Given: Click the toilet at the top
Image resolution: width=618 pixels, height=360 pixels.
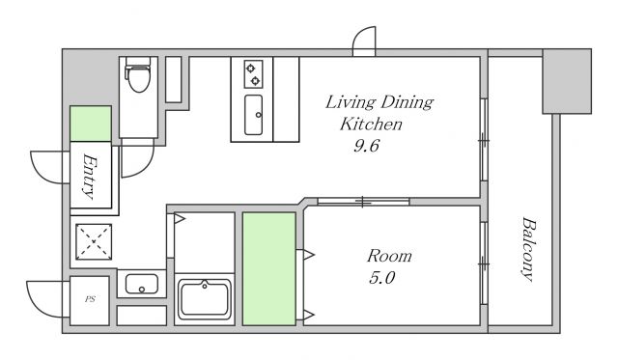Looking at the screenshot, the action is tap(138, 74).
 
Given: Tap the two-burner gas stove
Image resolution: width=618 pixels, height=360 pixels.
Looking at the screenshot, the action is tap(253, 74).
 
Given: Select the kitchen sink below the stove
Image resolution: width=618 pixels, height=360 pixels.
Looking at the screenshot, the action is tap(253, 115).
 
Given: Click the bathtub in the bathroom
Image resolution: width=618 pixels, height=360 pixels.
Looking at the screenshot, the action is tap(204, 299).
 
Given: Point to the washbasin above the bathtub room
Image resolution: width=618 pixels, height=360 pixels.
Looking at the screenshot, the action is tap(142, 284).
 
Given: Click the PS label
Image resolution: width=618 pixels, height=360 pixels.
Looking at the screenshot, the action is tap(90, 299).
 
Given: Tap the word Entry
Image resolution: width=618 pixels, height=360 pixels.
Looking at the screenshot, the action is tap(90, 176).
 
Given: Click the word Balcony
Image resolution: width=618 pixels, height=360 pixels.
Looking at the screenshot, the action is tap(529, 249).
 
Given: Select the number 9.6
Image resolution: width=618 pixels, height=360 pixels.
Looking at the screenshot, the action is tap(366, 146).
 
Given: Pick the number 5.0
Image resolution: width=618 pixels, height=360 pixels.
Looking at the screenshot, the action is tap(382, 278).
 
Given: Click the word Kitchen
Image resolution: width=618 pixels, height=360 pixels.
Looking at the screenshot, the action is tap(371, 125).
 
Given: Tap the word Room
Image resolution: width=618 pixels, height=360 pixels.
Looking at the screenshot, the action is tap(389, 256).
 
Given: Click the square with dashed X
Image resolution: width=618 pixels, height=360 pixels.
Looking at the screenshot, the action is tap(94, 241).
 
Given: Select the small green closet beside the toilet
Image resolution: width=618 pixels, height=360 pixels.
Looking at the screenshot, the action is tap(91, 124).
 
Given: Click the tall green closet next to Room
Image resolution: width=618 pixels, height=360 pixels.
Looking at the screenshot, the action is tap(269, 268).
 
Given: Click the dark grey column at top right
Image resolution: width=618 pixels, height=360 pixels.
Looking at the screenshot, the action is tap(567, 81).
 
